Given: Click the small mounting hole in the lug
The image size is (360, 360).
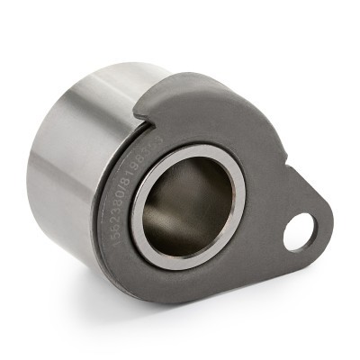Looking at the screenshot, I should [x=298, y=231].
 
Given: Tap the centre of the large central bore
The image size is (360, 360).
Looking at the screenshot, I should [x=187, y=207].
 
